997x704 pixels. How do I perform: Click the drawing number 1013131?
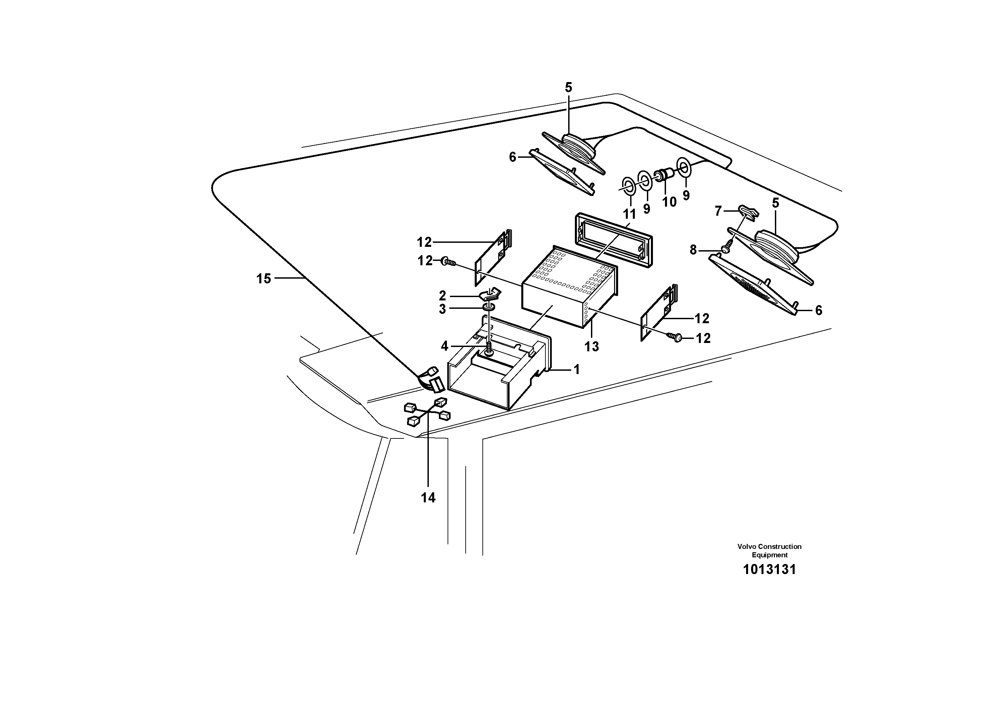[770, 569]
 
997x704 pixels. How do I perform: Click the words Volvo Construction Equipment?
[770, 550]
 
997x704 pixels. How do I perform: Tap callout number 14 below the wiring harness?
[428, 498]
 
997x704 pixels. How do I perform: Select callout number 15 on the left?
[264, 279]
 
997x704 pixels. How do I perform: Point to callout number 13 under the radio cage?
[591, 346]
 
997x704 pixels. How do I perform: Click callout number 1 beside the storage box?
[577, 370]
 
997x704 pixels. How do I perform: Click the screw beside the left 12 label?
[447, 261]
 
